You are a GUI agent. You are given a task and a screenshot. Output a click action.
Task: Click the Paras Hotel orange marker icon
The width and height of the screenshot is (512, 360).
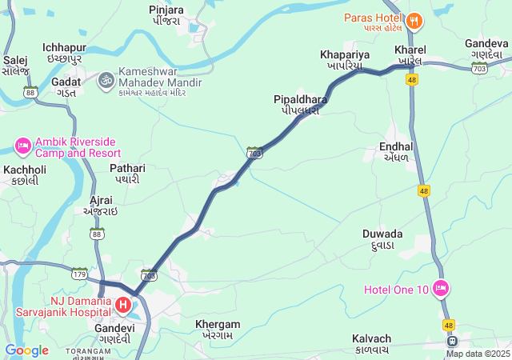tap(414, 19)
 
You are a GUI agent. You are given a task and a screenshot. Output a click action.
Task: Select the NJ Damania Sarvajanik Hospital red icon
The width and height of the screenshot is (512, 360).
tap(123, 304)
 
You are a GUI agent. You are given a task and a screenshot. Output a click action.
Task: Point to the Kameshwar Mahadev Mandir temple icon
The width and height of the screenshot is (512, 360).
tap(106, 79)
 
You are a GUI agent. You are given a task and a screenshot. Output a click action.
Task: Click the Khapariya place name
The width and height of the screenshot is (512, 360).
tap(345, 59)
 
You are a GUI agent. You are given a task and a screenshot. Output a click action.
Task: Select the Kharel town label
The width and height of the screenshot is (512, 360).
tap(410, 55)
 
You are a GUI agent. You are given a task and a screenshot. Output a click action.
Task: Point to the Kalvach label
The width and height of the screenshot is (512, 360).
tap(372, 343)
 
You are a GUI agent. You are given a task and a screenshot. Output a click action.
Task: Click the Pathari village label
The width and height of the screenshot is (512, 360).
tap(127, 174)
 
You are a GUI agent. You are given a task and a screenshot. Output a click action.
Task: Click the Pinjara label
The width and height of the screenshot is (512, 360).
tap(166, 14)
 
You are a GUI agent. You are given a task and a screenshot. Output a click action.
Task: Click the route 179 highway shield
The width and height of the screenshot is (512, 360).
tap(79, 274)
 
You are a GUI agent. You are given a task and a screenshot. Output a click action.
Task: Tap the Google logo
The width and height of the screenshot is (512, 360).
tap(26, 350)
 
